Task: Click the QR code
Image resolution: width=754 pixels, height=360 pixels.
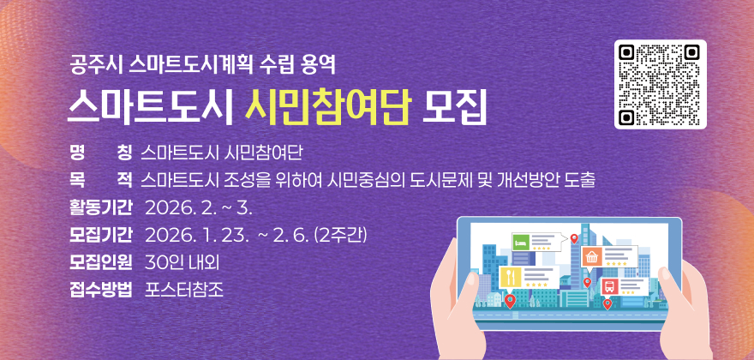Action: (660, 84)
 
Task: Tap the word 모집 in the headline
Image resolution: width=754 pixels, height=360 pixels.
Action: (454, 108)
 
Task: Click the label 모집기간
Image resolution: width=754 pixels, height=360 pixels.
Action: (101, 234)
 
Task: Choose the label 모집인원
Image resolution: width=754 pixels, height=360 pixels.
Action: (101, 261)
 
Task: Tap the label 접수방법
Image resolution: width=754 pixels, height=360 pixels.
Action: (101, 288)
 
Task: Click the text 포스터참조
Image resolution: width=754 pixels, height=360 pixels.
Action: (184, 288)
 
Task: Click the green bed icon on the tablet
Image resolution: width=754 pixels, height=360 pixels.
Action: (520, 243)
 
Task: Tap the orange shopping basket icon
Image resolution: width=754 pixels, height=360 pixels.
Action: (590, 256)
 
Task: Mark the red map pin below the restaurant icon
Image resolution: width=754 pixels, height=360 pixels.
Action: (511, 301)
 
